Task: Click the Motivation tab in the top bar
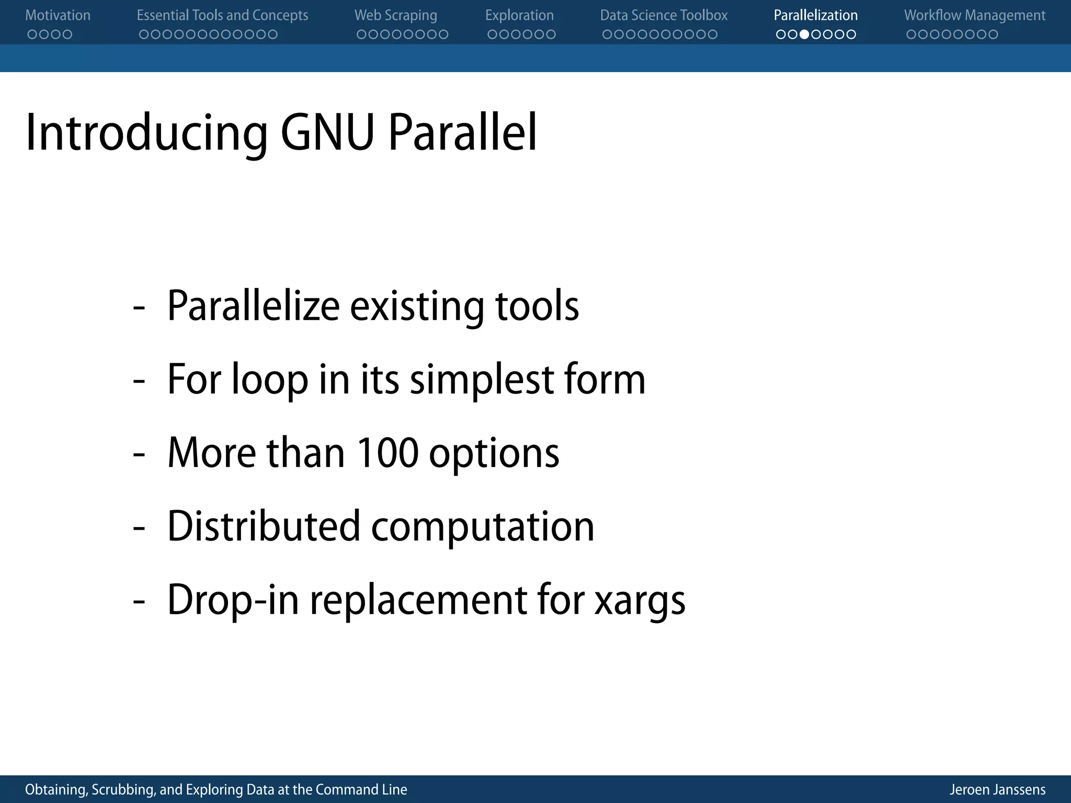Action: (58, 16)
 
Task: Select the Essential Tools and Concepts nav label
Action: (222, 16)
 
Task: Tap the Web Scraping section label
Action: (395, 16)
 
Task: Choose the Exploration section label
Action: (519, 16)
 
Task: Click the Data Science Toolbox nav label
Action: (664, 16)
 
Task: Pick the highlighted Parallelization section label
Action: (815, 16)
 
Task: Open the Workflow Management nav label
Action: (975, 16)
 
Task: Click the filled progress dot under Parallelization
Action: (804, 35)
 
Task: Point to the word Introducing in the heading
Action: (146, 133)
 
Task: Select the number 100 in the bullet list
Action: (388, 453)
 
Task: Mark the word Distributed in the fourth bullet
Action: (264, 526)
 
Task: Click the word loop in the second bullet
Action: (270, 380)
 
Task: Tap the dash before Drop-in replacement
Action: (139, 601)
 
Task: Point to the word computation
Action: (482, 527)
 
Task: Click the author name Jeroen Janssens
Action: (997, 789)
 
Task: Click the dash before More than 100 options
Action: (139, 454)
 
